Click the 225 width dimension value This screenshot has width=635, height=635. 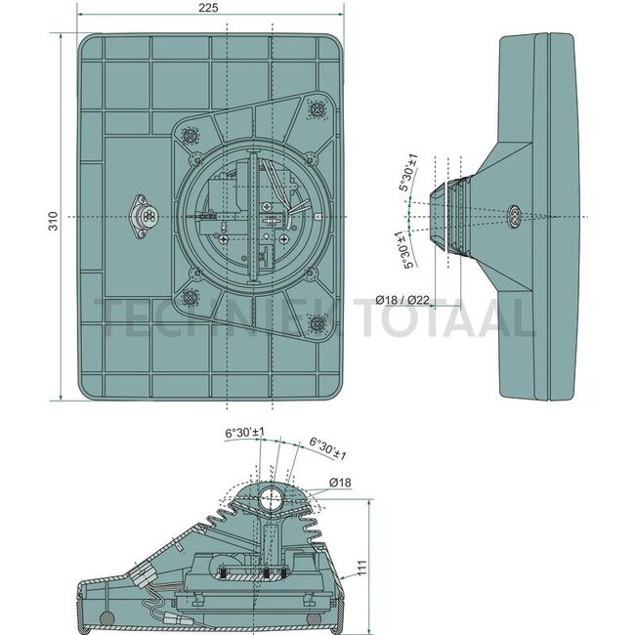click(x=208, y=7)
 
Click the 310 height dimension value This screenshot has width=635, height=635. click(x=54, y=221)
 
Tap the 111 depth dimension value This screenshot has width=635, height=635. click(x=361, y=568)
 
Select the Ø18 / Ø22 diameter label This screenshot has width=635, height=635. click(x=402, y=300)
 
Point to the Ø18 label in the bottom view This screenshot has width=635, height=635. click(x=340, y=483)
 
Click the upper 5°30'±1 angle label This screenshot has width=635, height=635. click(x=408, y=173)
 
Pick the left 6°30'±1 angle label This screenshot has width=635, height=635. click(x=244, y=432)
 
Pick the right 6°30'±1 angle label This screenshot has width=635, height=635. click(x=328, y=448)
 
